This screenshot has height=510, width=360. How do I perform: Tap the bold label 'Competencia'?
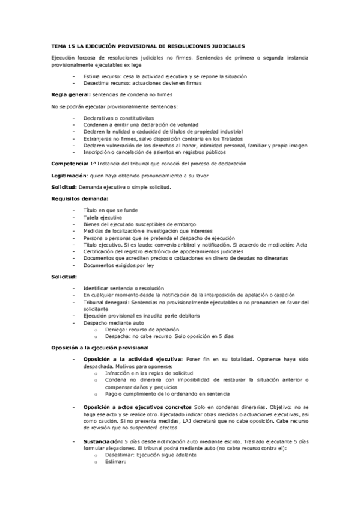click(70, 164)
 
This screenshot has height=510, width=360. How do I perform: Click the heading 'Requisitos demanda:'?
click(79, 198)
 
